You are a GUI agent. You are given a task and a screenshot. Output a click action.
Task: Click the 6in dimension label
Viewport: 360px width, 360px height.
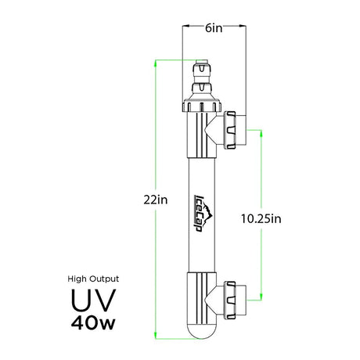point(214,28)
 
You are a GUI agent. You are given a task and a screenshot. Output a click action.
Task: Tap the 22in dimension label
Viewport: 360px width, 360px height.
point(156,200)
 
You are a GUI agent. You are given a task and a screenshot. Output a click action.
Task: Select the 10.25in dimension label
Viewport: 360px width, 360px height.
point(261,218)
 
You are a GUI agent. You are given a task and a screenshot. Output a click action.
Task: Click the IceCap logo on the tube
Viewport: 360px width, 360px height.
point(203,213)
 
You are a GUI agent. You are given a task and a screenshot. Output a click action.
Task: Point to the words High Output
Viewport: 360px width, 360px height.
point(93,279)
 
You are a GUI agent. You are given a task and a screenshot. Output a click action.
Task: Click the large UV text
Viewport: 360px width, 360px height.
point(93,301)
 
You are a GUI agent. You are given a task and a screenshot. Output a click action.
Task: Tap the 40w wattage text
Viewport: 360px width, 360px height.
point(93,323)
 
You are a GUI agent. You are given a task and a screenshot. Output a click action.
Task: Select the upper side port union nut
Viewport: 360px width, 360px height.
point(230,130)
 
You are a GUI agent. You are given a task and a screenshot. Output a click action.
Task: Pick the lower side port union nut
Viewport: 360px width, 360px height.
point(230,300)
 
